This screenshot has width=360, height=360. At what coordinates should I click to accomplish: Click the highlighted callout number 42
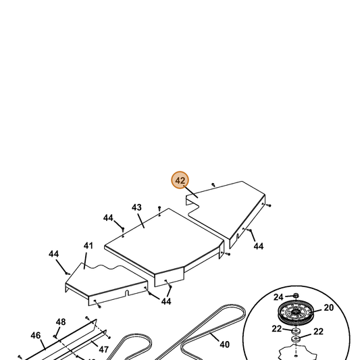click(180, 180)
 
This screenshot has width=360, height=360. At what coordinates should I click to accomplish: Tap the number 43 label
click(136, 207)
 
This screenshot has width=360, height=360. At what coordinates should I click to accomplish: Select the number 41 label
click(88, 246)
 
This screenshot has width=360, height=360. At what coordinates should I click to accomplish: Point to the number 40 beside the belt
click(224, 344)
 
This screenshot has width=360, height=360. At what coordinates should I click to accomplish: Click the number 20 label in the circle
click(328, 307)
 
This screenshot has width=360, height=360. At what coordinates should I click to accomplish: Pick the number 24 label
click(278, 297)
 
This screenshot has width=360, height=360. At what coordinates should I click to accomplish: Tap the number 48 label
click(61, 322)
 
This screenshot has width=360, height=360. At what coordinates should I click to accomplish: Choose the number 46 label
click(36, 336)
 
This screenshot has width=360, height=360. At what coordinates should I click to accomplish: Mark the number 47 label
click(103, 349)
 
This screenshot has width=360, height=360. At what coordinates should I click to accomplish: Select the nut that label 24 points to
click(297, 295)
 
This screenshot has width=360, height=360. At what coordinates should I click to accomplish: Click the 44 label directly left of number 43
click(108, 217)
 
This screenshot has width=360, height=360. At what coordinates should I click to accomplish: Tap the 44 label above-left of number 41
click(54, 254)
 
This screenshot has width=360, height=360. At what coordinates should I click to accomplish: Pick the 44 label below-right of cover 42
click(259, 247)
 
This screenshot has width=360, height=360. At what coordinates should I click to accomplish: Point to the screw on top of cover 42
click(213, 184)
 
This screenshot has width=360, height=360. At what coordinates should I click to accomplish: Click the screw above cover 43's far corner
click(159, 208)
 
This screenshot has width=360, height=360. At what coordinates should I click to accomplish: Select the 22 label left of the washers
click(277, 329)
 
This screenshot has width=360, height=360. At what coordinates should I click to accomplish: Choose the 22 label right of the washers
click(318, 332)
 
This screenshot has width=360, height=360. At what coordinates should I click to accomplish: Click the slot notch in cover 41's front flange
click(127, 293)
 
